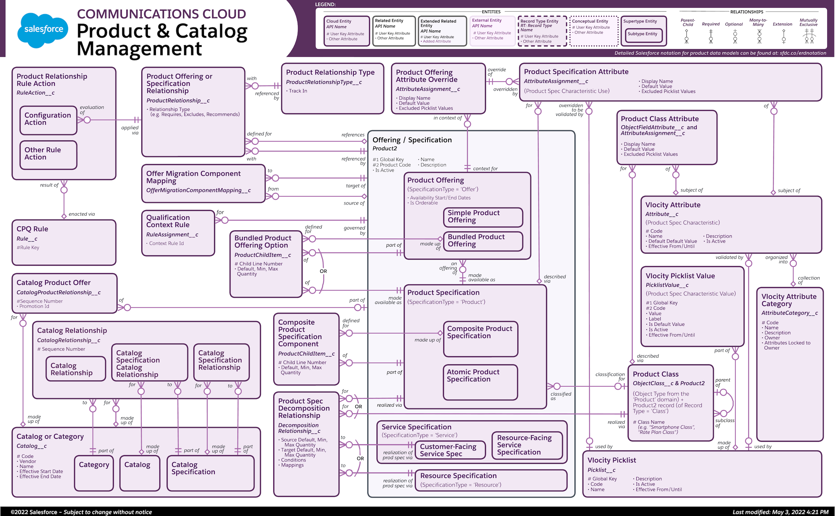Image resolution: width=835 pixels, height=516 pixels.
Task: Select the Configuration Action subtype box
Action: [x=48, y=120]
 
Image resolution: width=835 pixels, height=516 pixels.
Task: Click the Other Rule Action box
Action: [x=48, y=155]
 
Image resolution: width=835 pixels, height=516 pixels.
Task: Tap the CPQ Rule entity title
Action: [x=32, y=229]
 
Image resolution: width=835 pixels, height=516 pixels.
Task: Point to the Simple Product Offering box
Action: [x=483, y=217]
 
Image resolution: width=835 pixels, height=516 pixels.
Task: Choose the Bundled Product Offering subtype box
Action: [x=483, y=241]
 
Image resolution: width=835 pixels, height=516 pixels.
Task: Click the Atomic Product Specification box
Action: [x=480, y=382]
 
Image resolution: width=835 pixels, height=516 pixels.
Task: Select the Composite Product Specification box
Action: [x=480, y=338]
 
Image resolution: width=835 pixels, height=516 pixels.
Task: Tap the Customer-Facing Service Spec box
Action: [x=450, y=450]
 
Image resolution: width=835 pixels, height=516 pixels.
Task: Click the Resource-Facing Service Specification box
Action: [x=527, y=445]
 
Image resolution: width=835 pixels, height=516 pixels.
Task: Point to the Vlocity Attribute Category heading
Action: [x=789, y=300]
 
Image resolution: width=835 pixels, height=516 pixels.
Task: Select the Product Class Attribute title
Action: [x=659, y=119]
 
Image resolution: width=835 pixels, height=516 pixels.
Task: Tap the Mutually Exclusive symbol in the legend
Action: [x=809, y=36]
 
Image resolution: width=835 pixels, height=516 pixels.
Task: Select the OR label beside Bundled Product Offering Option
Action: [x=323, y=271]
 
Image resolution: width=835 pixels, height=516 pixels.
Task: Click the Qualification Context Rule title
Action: [x=168, y=221]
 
